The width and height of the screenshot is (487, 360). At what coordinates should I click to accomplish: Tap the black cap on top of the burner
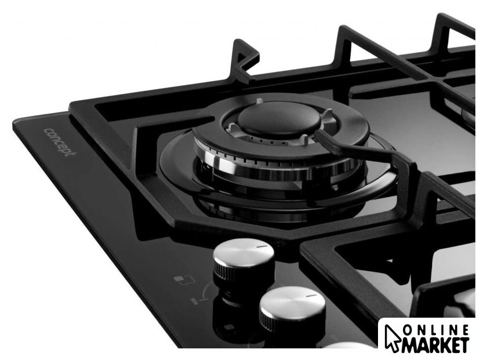tap(279, 119)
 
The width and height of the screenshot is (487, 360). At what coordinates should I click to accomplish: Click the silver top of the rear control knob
tap(244, 252)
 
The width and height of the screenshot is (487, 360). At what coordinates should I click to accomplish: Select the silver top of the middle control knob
tap(292, 302)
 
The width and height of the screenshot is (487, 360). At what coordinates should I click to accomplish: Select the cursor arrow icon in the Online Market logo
tap(392, 338)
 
